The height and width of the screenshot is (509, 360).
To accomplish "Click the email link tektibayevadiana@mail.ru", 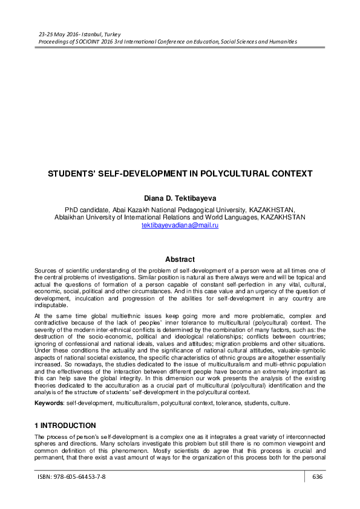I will coord(180,225).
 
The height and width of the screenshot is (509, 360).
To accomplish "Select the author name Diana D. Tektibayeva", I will coord(180,197).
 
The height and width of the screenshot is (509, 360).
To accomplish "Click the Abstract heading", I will coord(180,259).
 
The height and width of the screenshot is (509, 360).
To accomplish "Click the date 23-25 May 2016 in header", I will coord(56,34).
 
